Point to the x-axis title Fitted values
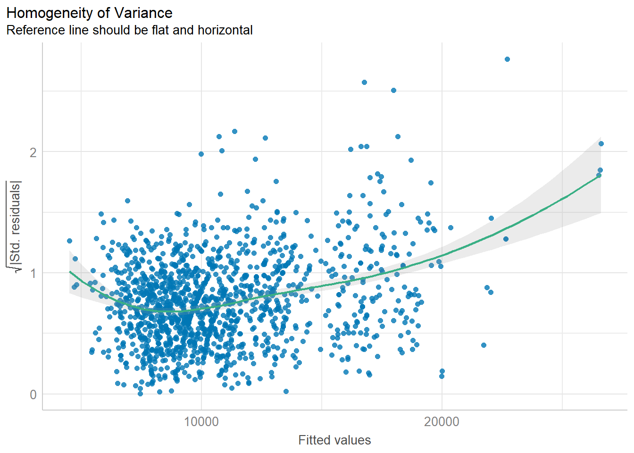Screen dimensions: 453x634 point(334,440)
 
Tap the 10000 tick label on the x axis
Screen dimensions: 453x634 point(201,421)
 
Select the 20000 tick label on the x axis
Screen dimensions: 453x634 point(442,421)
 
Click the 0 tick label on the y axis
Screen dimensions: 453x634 point(33,394)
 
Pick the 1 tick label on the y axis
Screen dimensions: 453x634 point(33,273)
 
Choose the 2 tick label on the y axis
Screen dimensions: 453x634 point(33,152)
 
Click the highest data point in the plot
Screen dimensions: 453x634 point(507,59)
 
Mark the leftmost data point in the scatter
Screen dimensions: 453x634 point(69,241)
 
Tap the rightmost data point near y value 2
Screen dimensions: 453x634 point(601,144)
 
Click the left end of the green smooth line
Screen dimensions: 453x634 point(69,271)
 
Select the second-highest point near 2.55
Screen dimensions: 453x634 point(364,82)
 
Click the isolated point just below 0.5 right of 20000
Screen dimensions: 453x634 point(484,345)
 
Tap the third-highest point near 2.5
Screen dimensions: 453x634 point(393,90)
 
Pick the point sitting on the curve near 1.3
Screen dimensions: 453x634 point(506,239)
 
